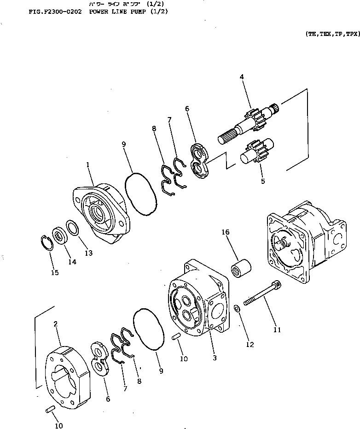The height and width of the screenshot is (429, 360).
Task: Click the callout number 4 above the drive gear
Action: pyautogui.click(x=241, y=77)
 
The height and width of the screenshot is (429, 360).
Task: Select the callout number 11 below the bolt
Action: pyautogui.click(x=276, y=329)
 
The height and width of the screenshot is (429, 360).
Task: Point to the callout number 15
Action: pyautogui.click(x=55, y=273)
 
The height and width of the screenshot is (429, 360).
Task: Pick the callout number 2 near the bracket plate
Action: pyautogui.click(x=55, y=324)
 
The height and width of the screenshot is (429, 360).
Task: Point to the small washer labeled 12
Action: pyautogui.click(x=236, y=308)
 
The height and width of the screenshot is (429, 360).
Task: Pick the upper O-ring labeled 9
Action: pyautogui.click(x=140, y=193)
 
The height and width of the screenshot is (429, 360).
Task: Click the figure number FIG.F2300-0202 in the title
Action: pyautogui.click(x=54, y=12)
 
